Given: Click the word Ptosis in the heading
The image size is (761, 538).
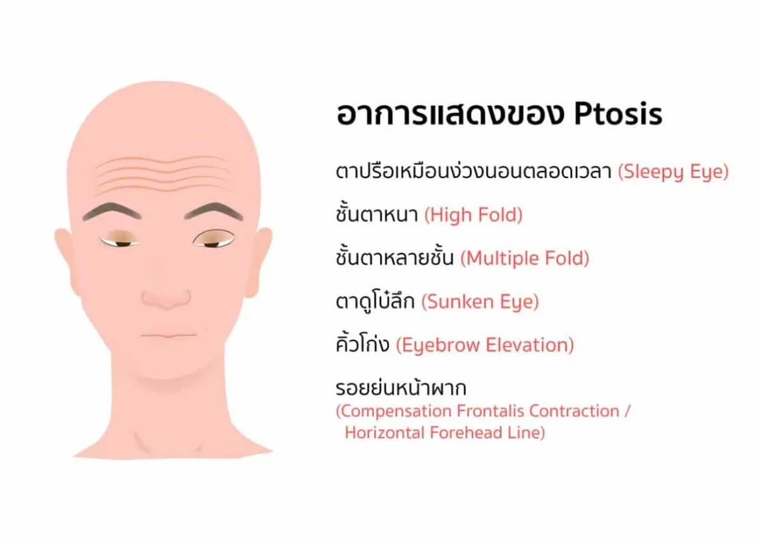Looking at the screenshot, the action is pyautogui.click(x=618, y=114).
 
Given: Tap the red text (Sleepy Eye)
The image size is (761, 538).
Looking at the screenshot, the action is pyautogui.click(x=673, y=172).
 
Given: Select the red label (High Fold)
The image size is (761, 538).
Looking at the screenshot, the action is pyautogui.click(x=473, y=215).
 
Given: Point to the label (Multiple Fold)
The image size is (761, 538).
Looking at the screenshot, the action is pyautogui.click(x=525, y=258).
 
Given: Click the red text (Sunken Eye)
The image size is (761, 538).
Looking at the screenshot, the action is pyautogui.click(x=480, y=302).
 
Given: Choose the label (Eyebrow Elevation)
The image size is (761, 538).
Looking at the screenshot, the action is pyautogui.click(x=485, y=345).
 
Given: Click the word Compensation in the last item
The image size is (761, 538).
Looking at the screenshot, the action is pyautogui.click(x=394, y=411).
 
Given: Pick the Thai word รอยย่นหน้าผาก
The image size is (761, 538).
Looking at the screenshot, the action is pyautogui.click(x=401, y=388).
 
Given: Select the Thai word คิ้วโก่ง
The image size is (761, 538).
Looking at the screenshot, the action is pyautogui.click(x=363, y=344).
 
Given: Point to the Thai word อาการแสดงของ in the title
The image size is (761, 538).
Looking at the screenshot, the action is pyautogui.click(x=450, y=114).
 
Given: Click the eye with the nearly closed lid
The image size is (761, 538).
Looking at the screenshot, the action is pyautogui.click(x=120, y=240).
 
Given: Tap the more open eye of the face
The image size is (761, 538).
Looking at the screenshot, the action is pyautogui.click(x=213, y=239).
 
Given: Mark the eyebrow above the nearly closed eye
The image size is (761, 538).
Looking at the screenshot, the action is pyautogui.click(x=112, y=211).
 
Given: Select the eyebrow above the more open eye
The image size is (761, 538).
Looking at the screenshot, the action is pyautogui.click(x=214, y=211).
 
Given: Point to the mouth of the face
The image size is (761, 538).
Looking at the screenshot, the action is pyautogui.click(x=169, y=335).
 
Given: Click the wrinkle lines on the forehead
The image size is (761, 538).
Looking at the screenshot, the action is pyautogui.click(x=163, y=175).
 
